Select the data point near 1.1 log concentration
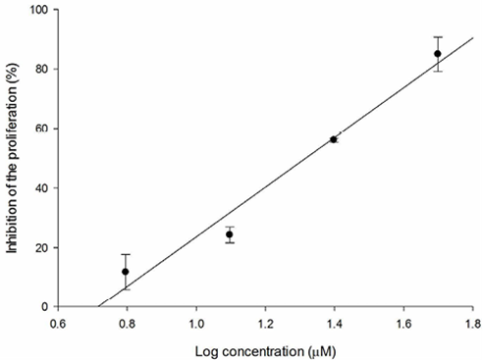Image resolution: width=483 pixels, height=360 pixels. coord(230,234)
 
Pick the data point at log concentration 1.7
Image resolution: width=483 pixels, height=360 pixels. coord(438,53)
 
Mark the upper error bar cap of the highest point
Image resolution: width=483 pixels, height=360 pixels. coord(438,36)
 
